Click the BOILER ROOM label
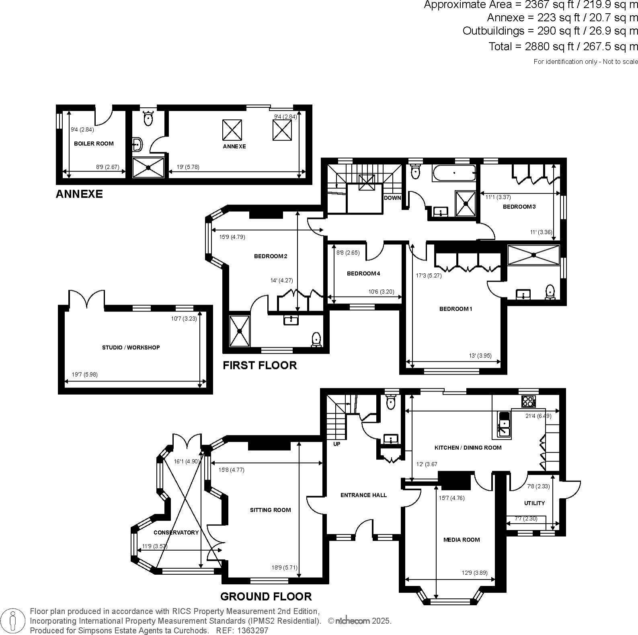pyautogui.click(x=94, y=143)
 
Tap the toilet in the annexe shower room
pyautogui.click(x=148, y=118)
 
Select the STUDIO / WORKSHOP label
pyautogui.click(x=131, y=347)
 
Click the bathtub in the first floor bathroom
pyautogui.click(x=454, y=173)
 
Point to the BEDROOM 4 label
pyautogui.click(x=363, y=274)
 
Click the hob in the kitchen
pyautogui.click(x=528, y=401)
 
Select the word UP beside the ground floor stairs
pyautogui.click(x=337, y=444)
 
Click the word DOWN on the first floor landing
pyautogui.click(x=392, y=198)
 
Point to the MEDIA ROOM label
pyautogui.click(x=461, y=540)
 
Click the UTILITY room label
pyautogui.click(x=534, y=503)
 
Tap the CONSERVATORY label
pyautogui.click(x=176, y=533)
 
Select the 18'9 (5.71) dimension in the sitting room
pyautogui.click(x=284, y=568)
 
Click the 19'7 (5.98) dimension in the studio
pyautogui.click(x=84, y=375)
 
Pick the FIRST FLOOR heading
pyautogui.click(x=260, y=365)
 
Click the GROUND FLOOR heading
pyautogui.click(x=266, y=596)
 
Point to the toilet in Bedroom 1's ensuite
pyautogui.click(x=550, y=293)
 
